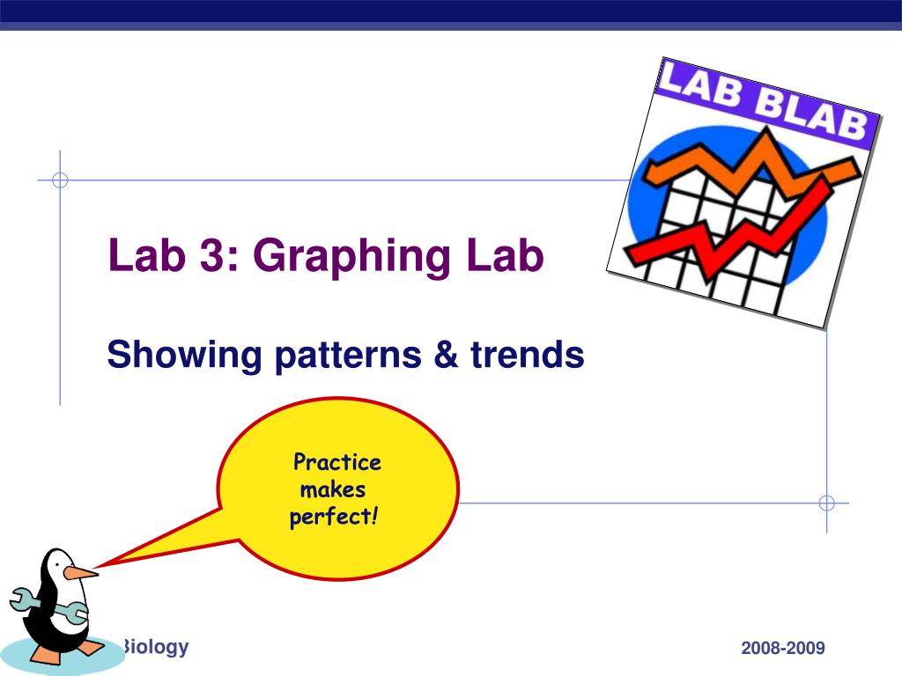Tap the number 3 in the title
pyautogui.click(x=211, y=254)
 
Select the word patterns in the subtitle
pyautogui.click(x=348, y=356)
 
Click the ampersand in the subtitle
pyautogui.click(x=447, y=354)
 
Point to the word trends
pyautogui.click(x=528, y=354)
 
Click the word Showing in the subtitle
pyautogui.click(x=185, y=356)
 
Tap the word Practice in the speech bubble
pyautogui.click(x=337, y=461)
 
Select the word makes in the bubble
pyautogui.click(x=332, y=489)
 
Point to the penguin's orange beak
pyautogui.click(x=79, y=572)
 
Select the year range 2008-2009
pyautogui.click(x=783, y=648)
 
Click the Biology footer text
pyautogui.click(x=154, y=648)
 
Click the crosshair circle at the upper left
pyautogui.click(x=60, y=180)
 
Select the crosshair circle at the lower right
pyautogui.click(x=826, y=503)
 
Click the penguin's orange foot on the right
pyautogui.click(x=91, y=648)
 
